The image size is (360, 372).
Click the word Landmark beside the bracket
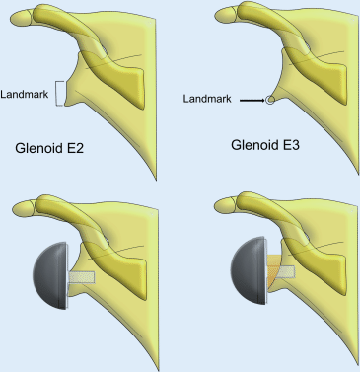coord(30,92)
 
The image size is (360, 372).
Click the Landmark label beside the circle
coord(209,99)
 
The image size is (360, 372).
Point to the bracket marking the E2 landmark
coord(61,92)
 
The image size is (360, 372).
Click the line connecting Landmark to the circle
coord(251,100)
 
